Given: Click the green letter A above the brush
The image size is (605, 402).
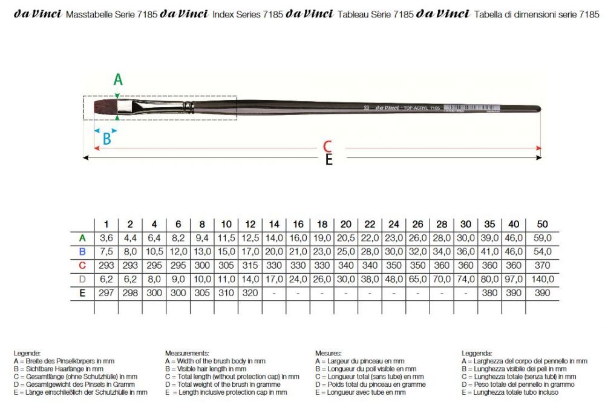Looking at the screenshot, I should (119, 79).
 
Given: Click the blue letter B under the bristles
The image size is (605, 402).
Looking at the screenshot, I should (106, 139).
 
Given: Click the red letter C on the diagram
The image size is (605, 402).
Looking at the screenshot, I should (327, 147).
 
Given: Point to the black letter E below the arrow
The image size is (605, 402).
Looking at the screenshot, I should (329, 160).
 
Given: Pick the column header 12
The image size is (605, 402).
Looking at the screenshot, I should (250, 223).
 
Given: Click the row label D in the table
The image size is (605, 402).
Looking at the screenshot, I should (82, 279).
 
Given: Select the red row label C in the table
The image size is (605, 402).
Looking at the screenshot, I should (82, 265).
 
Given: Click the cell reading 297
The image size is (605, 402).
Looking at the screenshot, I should (106, 293).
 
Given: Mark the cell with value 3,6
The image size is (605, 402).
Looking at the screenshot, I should (106, 237).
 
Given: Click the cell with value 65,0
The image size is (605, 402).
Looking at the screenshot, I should (418, 279).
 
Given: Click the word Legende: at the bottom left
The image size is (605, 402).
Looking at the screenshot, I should (27, 352).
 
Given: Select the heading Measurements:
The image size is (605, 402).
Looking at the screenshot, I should (187, 352).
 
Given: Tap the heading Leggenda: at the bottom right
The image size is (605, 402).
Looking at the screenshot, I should (477, 352).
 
